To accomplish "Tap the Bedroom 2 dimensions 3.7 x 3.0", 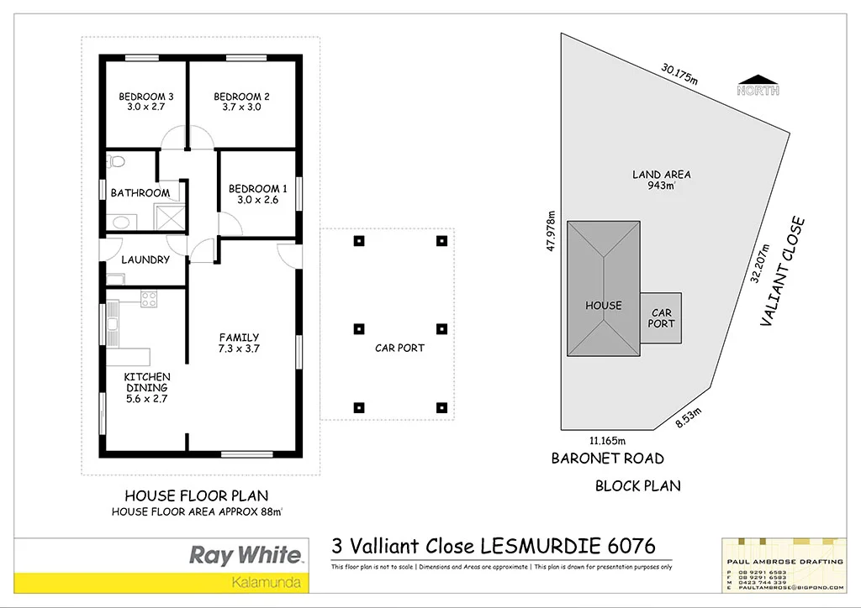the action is point(240,107).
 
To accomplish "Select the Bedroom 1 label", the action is point(258,189).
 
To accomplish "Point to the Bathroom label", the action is point(140,193).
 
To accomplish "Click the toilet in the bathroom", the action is point(117,160).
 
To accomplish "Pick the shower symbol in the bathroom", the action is point(172,218).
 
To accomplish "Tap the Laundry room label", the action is point(145,259).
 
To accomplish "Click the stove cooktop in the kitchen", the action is point(149,298).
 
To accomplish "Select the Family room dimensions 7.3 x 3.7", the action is point(239,349).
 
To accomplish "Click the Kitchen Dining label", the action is point(147,382).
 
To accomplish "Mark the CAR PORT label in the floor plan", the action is point(399,348).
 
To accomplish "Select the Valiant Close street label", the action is point(784,272).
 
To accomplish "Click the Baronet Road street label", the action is point(607,459).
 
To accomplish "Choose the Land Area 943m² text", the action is point(662,180).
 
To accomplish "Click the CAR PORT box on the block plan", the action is point(661,318).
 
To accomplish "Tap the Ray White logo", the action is point(245,555).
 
